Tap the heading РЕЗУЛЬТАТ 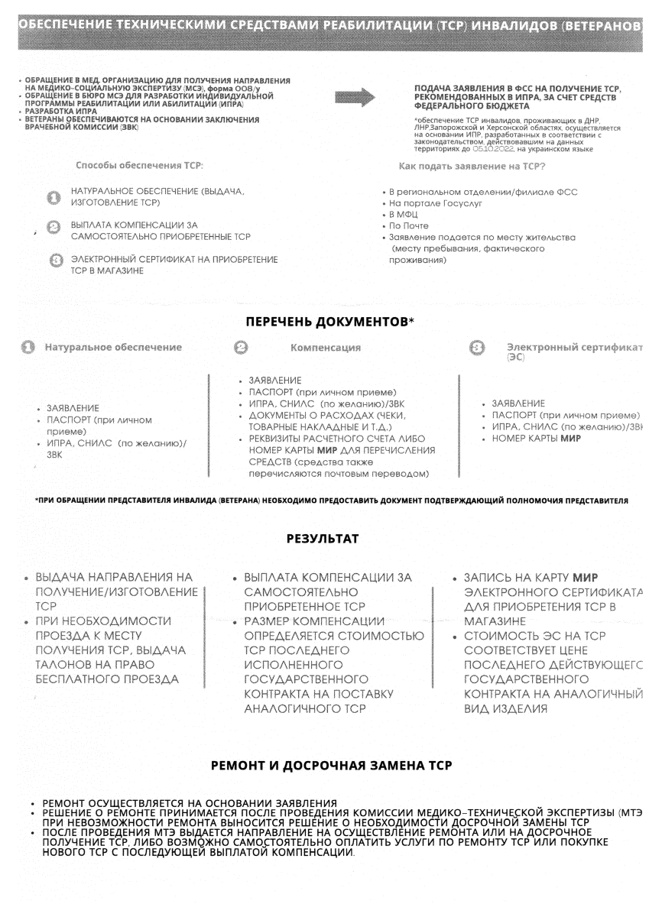323,539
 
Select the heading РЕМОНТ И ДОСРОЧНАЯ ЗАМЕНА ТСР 330,765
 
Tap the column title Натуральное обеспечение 113,348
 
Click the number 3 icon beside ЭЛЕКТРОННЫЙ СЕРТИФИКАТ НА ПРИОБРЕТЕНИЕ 55,261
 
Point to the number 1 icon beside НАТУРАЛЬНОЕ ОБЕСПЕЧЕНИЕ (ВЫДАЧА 54,199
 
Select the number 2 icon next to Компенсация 239,348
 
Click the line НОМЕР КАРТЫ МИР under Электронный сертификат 532,439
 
